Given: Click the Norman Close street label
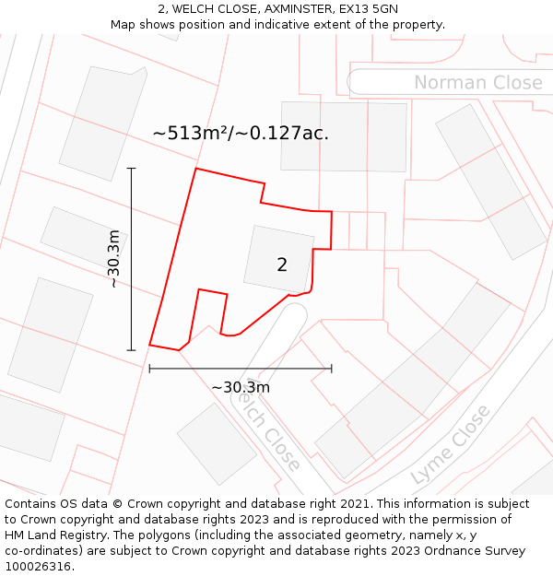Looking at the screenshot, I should point(477,83).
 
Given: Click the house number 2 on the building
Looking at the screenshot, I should point(282,265).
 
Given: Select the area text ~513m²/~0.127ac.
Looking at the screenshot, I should point(241,134).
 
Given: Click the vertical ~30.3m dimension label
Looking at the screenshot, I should point(114,259).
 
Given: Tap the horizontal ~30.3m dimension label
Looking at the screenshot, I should point(241,388).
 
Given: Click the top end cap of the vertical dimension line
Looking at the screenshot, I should point(131,169).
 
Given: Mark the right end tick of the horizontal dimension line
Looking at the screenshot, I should point(332,369).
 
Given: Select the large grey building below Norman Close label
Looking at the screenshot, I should point(344,135).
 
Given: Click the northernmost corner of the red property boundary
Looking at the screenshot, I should point(195,169).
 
